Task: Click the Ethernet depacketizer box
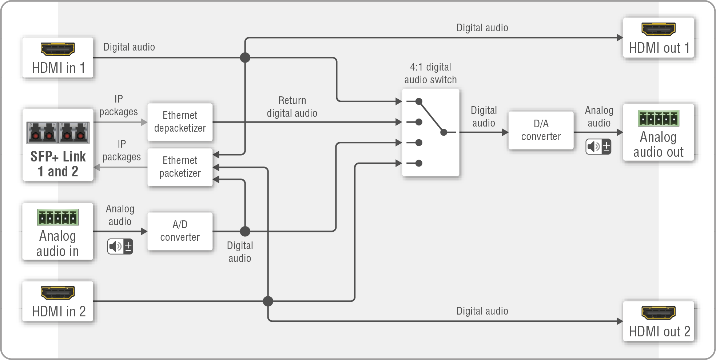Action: [180, 122]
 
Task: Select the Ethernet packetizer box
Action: [180, 167]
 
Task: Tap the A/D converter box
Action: [180, 231]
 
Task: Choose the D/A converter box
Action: [541, 130]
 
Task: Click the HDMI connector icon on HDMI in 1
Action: [57, 49]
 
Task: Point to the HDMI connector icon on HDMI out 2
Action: [658, 312]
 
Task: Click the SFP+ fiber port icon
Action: [58, 132]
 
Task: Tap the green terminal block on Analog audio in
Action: [57, 217]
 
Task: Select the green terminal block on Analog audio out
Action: [658, 118]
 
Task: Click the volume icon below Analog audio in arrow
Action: [120, 247]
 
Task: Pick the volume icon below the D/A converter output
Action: [598, 147]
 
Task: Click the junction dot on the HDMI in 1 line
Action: [245, 57]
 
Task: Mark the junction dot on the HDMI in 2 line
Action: [268, 301]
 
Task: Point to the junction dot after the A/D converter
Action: [245, 231]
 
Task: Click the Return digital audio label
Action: [292, 107]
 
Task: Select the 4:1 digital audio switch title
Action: [430, 73]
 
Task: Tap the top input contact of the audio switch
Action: [419, 101]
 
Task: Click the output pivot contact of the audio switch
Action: [443, 132]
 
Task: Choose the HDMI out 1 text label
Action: [659, 48]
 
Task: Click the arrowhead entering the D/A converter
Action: [505, 132]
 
